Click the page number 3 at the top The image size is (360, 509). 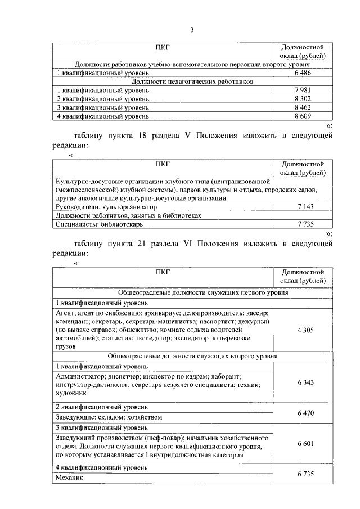[x=191, y=30]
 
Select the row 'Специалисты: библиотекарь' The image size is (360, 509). [x=100, y=224]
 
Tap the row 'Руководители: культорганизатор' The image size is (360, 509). [x=106, y=207]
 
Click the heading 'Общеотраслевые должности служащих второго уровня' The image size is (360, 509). [x=192, y=356]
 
